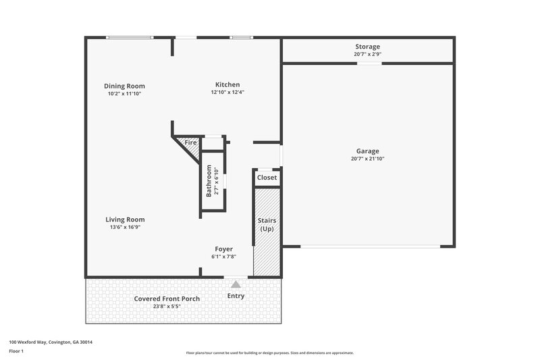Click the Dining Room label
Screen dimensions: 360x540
(x=124, y=86)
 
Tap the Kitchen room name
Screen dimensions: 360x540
(x=227, y=84)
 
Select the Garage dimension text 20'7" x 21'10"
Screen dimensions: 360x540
(x=367, y=159)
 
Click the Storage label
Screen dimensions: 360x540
(x=367, y=47)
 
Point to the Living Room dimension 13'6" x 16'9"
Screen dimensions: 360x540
(x=125, y=228)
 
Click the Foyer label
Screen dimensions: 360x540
(x=224, y=249)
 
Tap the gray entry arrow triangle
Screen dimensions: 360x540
(x=236, y=284)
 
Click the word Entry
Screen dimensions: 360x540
(x=236, y=296)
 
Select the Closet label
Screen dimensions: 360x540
(x=267, y=178)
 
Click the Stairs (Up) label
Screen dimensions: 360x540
(x=267, y=225)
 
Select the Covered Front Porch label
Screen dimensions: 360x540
(x=167, y=299)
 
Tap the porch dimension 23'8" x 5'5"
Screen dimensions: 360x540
(x=167, y=306)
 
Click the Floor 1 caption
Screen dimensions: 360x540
(x=17, y=351)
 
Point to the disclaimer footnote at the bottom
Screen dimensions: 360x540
(x=270, y=353)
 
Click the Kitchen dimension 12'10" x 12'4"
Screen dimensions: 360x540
(x=227, y=93)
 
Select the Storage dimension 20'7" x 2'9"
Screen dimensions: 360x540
(x=367, y=54)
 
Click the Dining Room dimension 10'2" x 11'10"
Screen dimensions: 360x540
(x=124, y=94)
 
